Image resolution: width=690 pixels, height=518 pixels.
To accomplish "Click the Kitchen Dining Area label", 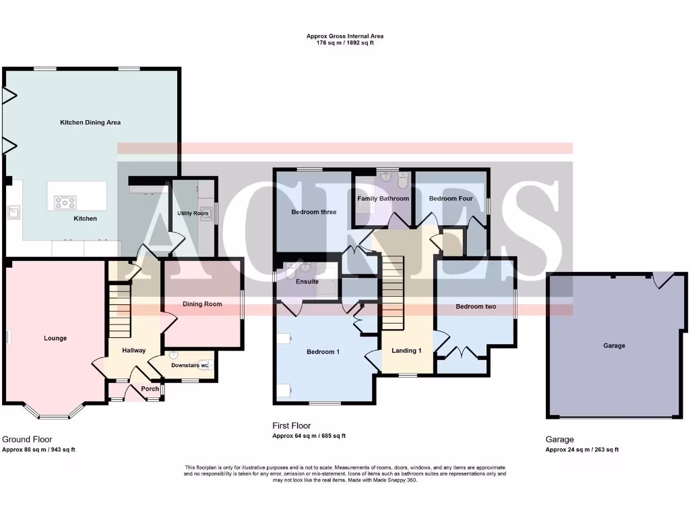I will pos(90,123).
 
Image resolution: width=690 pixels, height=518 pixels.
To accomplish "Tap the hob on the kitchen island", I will pos(65,201).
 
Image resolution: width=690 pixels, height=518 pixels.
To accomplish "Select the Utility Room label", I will pos(193,213).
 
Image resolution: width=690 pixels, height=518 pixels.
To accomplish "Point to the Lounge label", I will pos(55,338).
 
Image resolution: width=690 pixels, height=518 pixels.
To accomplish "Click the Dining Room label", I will pos(202,304).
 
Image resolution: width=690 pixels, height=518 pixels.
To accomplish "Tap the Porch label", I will pos(150,388).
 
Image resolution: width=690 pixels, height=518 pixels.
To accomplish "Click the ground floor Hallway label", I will pos(133,351).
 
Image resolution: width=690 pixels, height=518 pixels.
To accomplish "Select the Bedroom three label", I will pos(313,212).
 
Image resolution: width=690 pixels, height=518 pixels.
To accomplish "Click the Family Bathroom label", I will pos(383,199).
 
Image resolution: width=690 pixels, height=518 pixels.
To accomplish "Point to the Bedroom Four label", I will pos(451,199).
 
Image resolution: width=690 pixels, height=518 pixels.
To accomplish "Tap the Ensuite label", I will pos(307,281).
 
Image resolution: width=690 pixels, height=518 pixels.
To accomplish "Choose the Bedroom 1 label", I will pos(323,351).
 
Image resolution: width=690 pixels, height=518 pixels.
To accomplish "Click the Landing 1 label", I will pos(407,350).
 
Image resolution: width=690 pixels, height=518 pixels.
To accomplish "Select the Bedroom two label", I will pos(476,307).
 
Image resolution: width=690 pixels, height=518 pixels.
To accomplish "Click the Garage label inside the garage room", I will pos(614,346).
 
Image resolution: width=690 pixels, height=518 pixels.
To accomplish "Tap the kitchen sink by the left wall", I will pos(13,213).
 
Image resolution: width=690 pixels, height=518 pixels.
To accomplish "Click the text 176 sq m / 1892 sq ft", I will pos(345,42).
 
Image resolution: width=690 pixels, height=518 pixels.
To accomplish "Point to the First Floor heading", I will pos(292,426).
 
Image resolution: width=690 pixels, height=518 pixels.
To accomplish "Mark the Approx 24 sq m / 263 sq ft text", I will pos(582,449).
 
